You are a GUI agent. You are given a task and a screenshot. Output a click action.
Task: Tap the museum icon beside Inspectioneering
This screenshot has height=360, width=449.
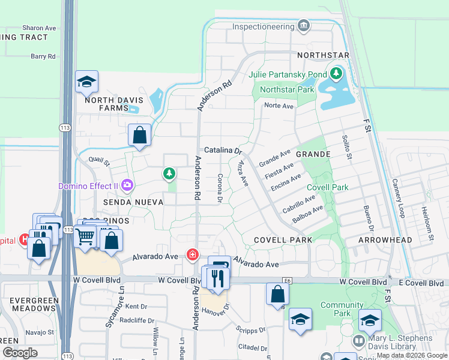304,26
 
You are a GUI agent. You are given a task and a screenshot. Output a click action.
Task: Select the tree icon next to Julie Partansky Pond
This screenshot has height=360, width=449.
336,74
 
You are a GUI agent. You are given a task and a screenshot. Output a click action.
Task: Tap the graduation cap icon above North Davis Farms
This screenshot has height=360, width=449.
86,82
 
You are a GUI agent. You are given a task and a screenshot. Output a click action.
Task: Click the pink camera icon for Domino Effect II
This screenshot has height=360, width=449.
127,185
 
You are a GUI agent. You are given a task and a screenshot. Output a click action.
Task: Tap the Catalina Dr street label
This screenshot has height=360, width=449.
223,150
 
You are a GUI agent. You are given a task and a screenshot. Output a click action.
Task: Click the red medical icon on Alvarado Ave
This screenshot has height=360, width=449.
193,255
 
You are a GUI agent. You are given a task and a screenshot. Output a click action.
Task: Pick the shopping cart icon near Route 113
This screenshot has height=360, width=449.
85,236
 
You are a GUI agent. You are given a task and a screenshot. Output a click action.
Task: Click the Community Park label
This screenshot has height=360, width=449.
342,309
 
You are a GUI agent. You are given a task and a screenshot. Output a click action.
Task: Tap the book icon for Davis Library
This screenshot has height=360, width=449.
358,340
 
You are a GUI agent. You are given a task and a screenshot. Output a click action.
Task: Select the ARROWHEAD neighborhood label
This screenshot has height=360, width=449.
385,240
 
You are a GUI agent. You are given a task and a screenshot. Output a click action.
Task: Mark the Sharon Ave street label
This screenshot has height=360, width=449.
39,28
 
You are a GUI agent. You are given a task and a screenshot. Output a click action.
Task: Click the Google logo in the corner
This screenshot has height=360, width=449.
20,352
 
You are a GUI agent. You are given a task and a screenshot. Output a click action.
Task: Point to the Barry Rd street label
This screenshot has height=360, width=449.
43,56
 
